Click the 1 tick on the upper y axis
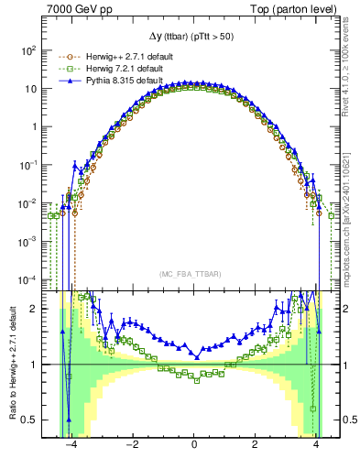[37, 127]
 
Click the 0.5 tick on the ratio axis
[31, 420]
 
